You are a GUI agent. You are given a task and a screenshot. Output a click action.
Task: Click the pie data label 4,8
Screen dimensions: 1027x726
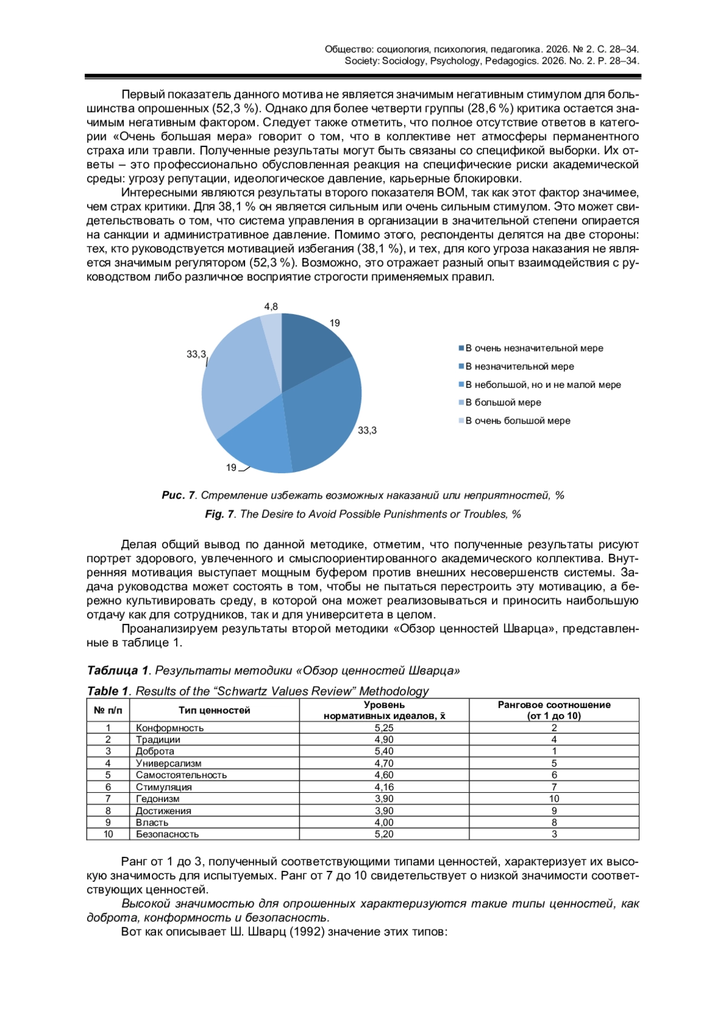coord(271,307)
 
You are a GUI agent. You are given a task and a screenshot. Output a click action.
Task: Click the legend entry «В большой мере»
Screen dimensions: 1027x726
coord(503,402)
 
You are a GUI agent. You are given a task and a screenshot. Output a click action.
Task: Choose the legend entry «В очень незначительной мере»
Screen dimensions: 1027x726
coord(534,348)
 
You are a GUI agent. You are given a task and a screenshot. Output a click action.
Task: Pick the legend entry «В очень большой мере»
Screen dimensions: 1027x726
coord(517,421)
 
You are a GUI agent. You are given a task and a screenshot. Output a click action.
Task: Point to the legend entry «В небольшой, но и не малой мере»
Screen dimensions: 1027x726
coord(543,384)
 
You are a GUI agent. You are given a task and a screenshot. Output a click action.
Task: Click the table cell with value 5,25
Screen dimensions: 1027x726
coord(384,728)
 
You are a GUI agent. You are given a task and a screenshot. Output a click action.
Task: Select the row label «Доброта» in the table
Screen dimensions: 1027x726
coord(155,751)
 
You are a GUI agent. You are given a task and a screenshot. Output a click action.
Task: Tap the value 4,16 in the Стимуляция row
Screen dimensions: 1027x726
coord(384,787)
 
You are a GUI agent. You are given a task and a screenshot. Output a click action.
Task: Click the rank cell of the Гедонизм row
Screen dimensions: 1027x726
coord(554,799)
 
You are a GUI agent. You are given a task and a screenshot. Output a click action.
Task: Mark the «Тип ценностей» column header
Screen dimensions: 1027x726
coord(214,710)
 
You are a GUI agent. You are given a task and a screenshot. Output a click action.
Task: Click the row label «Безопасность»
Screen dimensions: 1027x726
coord(167,834)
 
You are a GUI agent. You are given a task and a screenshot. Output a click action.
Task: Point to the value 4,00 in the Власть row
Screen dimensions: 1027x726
coord(384,822)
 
